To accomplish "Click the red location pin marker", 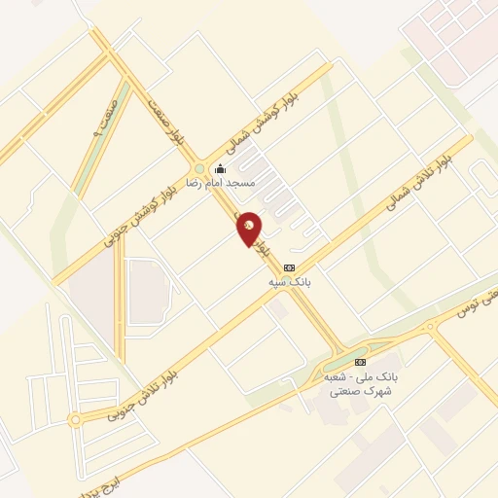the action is [x=250, y=229].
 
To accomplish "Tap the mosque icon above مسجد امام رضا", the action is [x=220, y=168].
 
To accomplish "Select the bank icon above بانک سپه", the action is [x=289, y=267].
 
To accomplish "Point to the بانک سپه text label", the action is [x=289, y=281].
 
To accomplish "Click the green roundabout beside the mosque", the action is [x=199, y=167].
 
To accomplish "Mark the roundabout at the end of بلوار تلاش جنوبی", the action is [x=75, y=420].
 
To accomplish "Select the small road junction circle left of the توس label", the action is [x=429, y=327].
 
